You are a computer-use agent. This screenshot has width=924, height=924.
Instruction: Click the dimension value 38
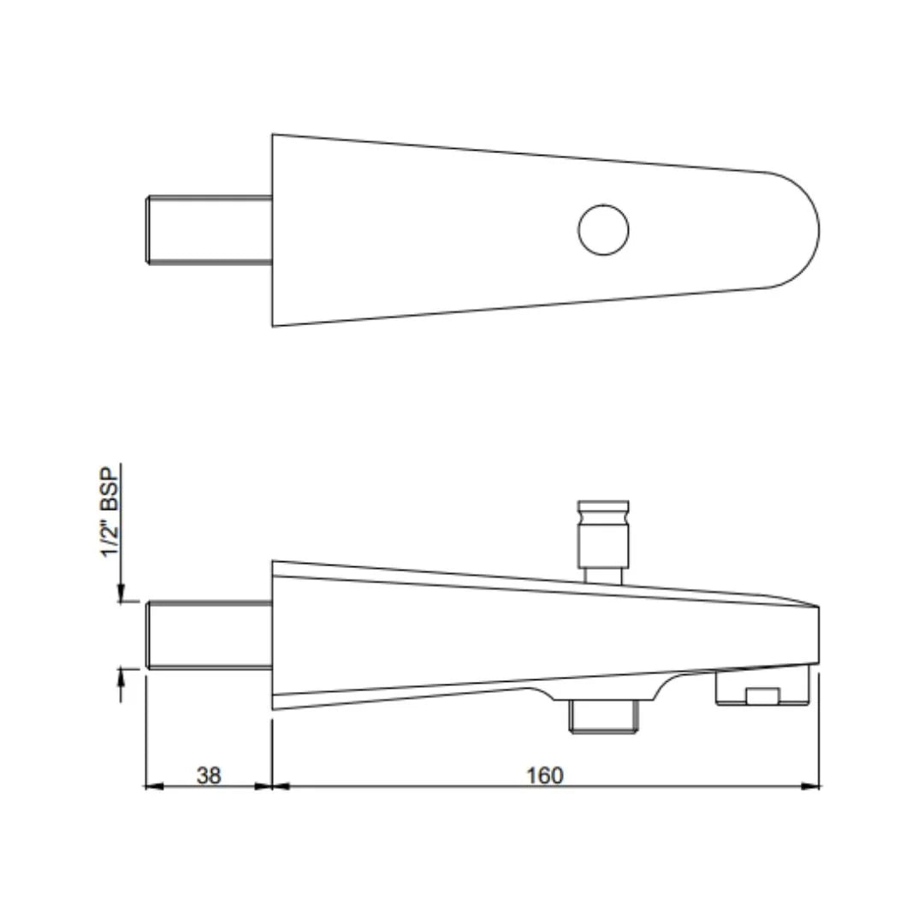[x=209, y=775]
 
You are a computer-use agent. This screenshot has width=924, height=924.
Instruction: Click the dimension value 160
[x=545, y=775]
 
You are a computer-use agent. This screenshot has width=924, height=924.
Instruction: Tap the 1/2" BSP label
[x=110, y=512]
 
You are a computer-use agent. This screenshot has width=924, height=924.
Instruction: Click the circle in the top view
[x=603, y=229]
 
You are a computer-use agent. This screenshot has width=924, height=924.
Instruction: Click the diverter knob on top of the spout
[x=604, y=530]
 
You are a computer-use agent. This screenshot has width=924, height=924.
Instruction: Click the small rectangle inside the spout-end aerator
[x=762, y=696]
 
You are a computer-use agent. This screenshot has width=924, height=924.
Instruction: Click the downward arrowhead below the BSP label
[x=121, y=593]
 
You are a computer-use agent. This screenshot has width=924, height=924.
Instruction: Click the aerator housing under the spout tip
[x=762, y=688]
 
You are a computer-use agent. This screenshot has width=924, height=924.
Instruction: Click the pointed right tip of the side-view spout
[x=818, y=608]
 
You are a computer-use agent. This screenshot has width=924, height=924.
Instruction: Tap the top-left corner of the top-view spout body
[x=273, y=134]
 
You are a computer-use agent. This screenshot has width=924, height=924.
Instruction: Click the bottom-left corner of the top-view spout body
[x=273, y=325]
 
